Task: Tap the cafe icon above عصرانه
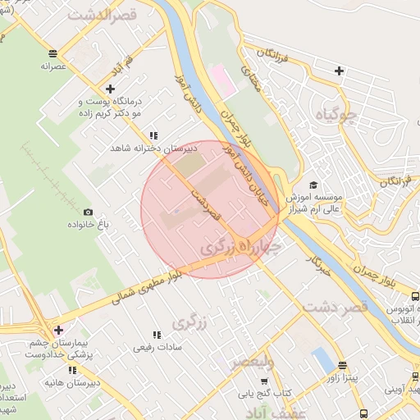[53, 52]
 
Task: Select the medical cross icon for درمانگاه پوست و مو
[110, 89]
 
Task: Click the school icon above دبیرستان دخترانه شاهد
[153, 136]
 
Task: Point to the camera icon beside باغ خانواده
[88, 212]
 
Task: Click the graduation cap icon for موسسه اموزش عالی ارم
[312, 186]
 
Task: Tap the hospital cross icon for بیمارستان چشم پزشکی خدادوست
[57, 331]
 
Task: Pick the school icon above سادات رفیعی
[155, 335]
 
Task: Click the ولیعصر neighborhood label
[253, 362]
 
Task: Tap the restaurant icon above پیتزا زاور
[342, 366]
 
